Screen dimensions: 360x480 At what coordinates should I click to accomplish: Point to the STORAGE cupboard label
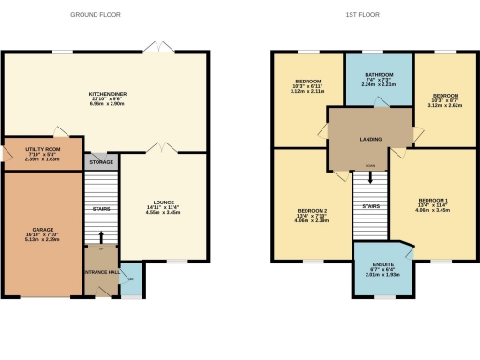pyautogui.click(x=101, y=162)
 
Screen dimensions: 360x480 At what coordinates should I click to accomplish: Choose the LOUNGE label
pyautogui.click(x=164, y=202)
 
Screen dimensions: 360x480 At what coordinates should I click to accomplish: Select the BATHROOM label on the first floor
pyautogui.click(x=380, y=74)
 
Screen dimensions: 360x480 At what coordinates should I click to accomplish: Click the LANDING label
pyautogui.click(x=369, y=140)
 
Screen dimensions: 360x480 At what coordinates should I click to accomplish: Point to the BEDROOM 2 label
pyautogui.click(x=311, y=210)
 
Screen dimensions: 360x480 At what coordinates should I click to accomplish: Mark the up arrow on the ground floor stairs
pyautogui.click(x=100, y=235)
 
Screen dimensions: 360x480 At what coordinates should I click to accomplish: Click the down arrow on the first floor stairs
pyautogui.click(x=369, y=175)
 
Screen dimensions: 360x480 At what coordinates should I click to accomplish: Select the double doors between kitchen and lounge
pyautogui.click(x=161, y=147)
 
